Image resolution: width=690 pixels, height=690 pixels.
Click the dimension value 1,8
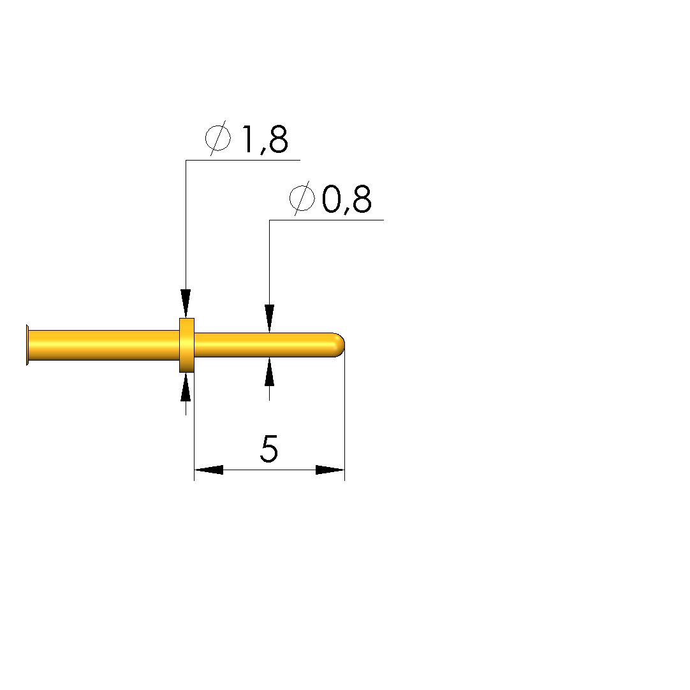(265, 140)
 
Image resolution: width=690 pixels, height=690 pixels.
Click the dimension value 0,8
(346, 199)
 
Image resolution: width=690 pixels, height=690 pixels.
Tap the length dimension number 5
(269, 449)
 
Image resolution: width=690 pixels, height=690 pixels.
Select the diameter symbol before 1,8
(218, 138)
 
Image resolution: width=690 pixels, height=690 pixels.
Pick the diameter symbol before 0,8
(302, 198)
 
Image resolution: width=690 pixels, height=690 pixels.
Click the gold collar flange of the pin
(187, 345)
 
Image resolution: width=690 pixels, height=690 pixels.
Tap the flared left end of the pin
(27, 345)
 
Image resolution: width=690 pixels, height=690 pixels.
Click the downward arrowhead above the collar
(186, 303)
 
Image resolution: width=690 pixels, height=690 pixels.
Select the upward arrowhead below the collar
(186, 387)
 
